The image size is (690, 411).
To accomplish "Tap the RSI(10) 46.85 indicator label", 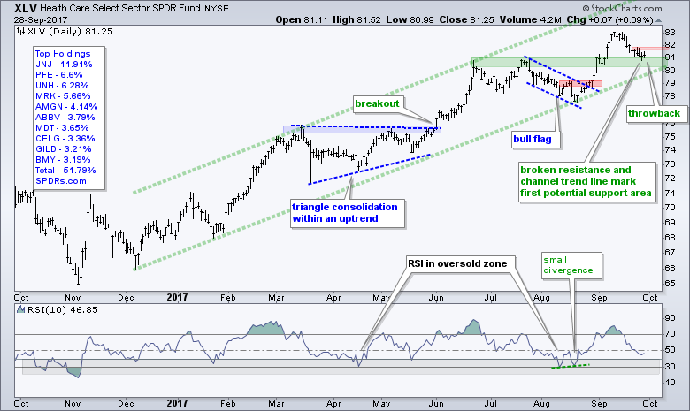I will [x=51, y=310].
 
